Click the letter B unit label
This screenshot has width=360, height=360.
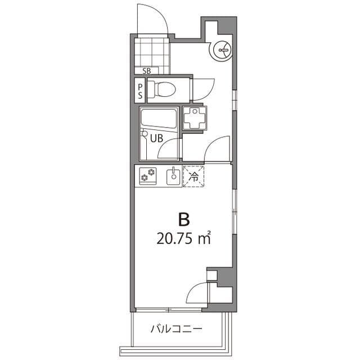(183, 218)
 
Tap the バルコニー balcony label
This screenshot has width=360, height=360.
(175, 328)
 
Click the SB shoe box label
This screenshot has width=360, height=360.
(147, 71)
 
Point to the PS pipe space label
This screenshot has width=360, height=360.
(140, 91)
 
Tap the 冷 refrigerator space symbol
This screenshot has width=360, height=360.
(193, 176)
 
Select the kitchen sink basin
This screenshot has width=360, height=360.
(173, 177)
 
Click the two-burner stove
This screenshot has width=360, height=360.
(148, 176)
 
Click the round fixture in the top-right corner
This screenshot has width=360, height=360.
(221, 51)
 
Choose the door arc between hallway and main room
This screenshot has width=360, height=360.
(217, 150)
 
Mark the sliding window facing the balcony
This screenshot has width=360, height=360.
(169, 309)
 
